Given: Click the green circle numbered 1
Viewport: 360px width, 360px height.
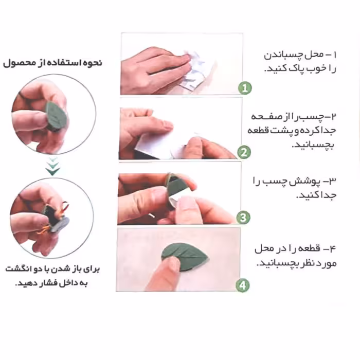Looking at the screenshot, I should pyautogui.click(x=245, y=88).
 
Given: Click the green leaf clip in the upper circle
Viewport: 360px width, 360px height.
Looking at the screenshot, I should pyautogui.click(x=55, y=116).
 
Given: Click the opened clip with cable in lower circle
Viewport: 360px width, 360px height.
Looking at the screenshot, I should pyautogui.click(x=56, y=219).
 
